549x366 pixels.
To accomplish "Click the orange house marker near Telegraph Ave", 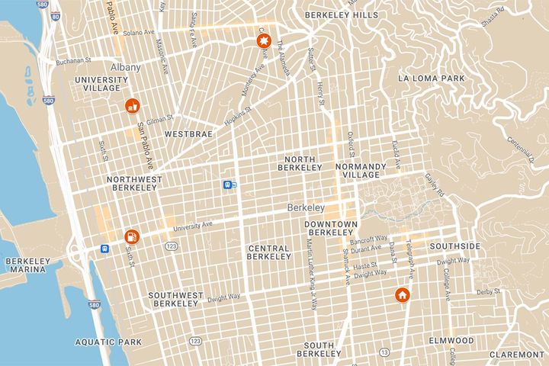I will coord(402,295).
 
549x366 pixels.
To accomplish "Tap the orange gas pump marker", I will coord(132,237).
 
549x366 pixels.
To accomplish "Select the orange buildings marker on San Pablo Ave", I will coord(132,105).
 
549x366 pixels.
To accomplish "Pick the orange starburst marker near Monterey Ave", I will coord(264,42).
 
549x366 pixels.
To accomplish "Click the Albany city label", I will coord(124,67).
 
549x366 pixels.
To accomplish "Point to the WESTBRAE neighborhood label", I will coord(187,133).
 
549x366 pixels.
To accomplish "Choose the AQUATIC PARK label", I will coord(98,342).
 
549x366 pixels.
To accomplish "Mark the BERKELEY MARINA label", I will coord(27,265).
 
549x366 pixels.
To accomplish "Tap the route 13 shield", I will coord(384,352).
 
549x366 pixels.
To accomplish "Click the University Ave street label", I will coord(191,226).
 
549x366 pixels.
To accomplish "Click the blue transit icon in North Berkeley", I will coord(227,185).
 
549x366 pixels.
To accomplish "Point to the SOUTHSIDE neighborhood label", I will coord(455,246).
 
